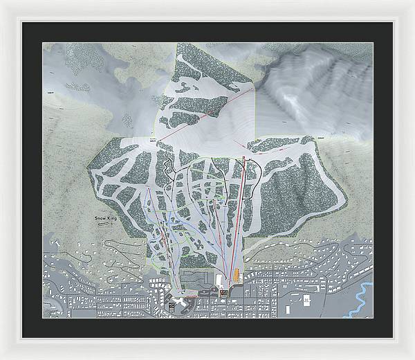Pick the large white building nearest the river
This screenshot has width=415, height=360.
point(305,300)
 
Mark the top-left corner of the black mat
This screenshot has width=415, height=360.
point(22,22)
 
